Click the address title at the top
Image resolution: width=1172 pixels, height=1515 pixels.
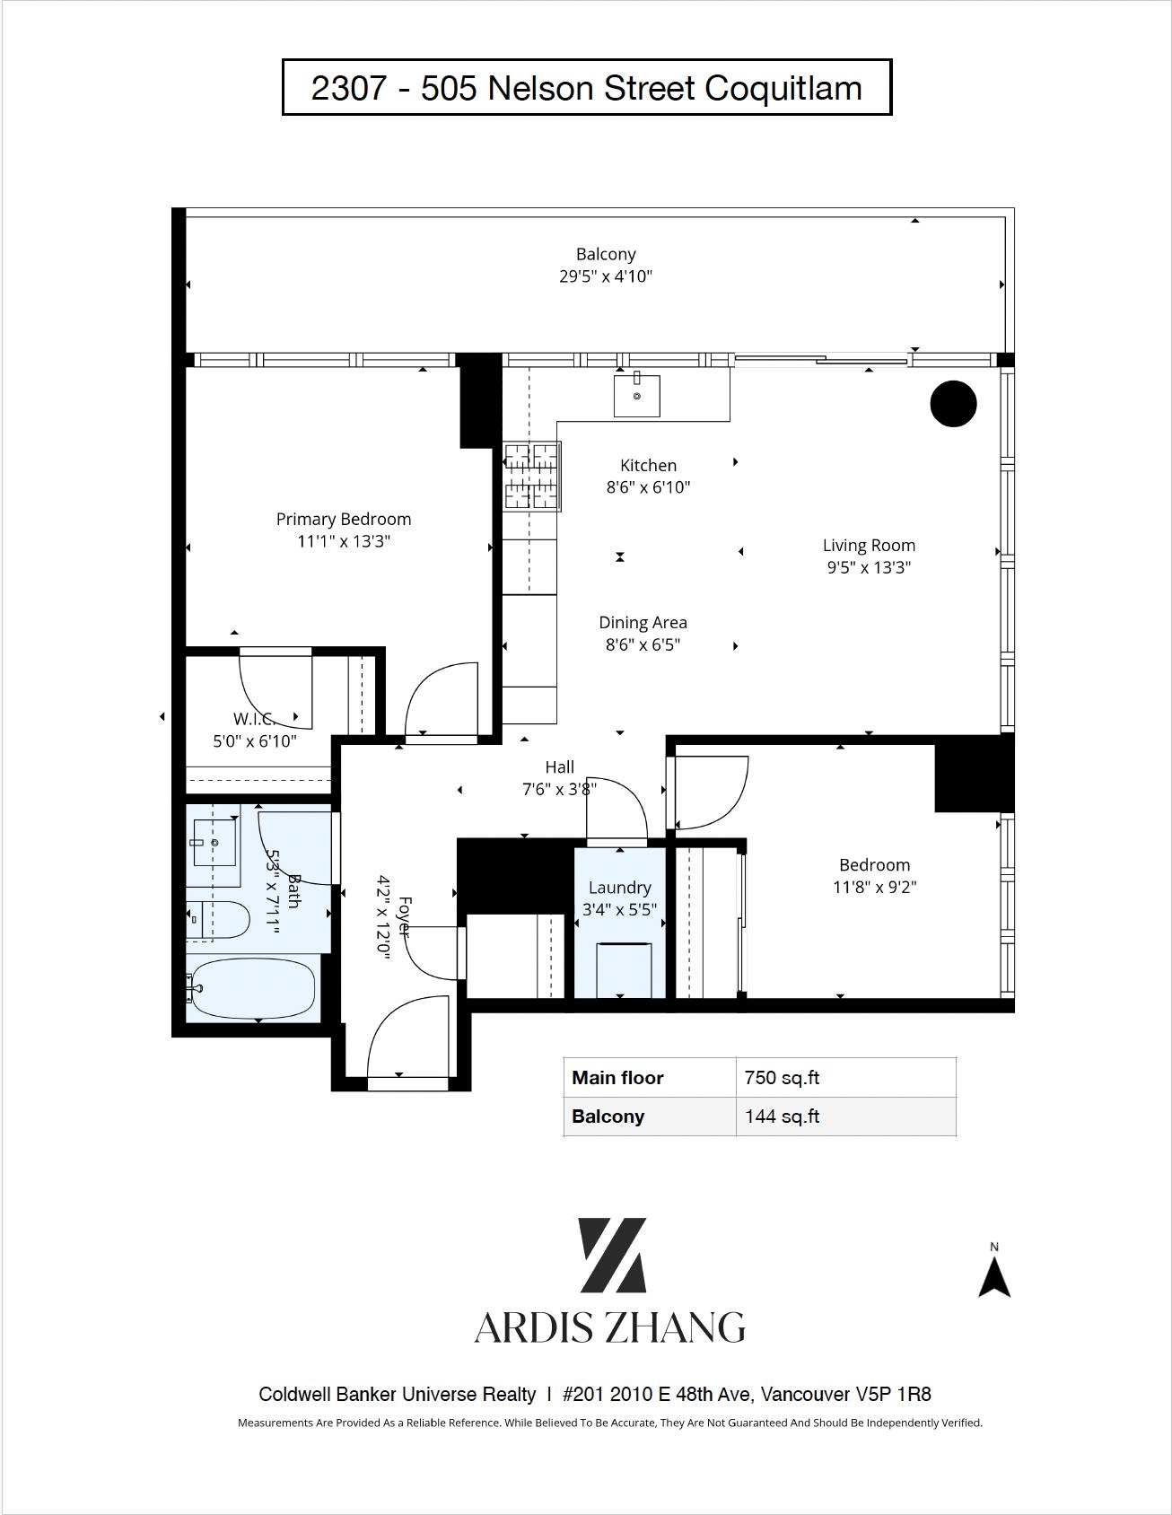click(587, 88)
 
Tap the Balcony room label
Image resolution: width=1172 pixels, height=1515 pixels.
click(606, 254)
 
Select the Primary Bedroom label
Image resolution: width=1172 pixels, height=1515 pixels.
click(344, 519)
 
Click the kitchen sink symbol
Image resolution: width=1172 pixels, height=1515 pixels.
click(637, 396)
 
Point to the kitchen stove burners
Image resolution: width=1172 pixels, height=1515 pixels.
click(531, 477)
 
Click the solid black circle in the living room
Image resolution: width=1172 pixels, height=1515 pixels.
click(953, 404)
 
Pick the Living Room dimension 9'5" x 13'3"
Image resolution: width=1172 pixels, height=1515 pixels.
click(869, 567)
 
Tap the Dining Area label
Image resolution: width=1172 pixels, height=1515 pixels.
click(643, 622)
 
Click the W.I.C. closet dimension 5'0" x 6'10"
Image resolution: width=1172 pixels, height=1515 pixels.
click(254, 741)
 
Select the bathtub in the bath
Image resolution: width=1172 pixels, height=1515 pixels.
click(253, 988)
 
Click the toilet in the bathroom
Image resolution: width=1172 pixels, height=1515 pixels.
click(217, 920)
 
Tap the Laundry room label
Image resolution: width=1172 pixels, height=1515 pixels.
click(619, 887)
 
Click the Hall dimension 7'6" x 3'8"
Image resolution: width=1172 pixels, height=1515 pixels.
click(560, 789)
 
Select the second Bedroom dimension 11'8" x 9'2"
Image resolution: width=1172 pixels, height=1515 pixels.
click(874, 887)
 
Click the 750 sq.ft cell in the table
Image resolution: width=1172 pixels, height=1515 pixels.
click(783, 1078)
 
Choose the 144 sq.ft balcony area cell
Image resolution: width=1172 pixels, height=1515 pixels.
click(783, 1117)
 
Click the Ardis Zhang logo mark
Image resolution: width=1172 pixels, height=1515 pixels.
click(612, 1255)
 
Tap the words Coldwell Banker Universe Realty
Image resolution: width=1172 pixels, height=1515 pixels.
click(398, 1394)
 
